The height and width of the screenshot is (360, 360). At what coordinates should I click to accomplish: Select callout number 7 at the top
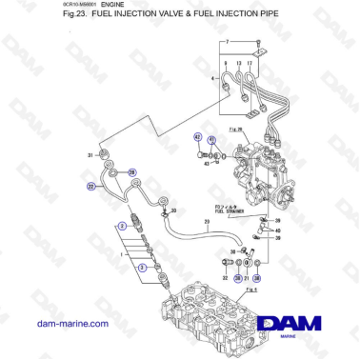pos(228,42)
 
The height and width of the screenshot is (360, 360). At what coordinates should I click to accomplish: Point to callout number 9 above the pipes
pos(234,64)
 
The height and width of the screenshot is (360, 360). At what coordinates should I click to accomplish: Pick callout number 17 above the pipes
pos(262,64)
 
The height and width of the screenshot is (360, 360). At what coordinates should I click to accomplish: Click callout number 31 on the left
pos(90,154)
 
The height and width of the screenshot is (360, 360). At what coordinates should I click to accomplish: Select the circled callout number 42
pos(198,136)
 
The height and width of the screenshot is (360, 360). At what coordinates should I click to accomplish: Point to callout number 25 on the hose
pos(207,222)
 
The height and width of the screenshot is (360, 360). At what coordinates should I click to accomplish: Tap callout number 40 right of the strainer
pos(277,230)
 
